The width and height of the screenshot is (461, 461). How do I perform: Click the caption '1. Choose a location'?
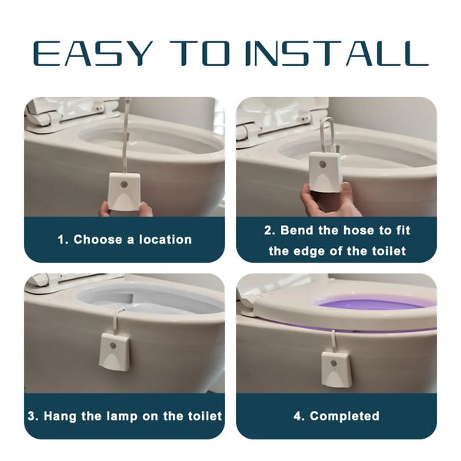click(124, 240)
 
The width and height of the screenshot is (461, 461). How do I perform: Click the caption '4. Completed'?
click(337, 416)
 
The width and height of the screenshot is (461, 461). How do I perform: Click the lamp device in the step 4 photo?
click(335, 368)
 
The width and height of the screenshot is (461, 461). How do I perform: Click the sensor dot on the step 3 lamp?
click(114, 346)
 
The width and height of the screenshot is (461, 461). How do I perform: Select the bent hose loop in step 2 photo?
click(326, 134)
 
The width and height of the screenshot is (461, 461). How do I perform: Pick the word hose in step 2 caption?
click(360, 230)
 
